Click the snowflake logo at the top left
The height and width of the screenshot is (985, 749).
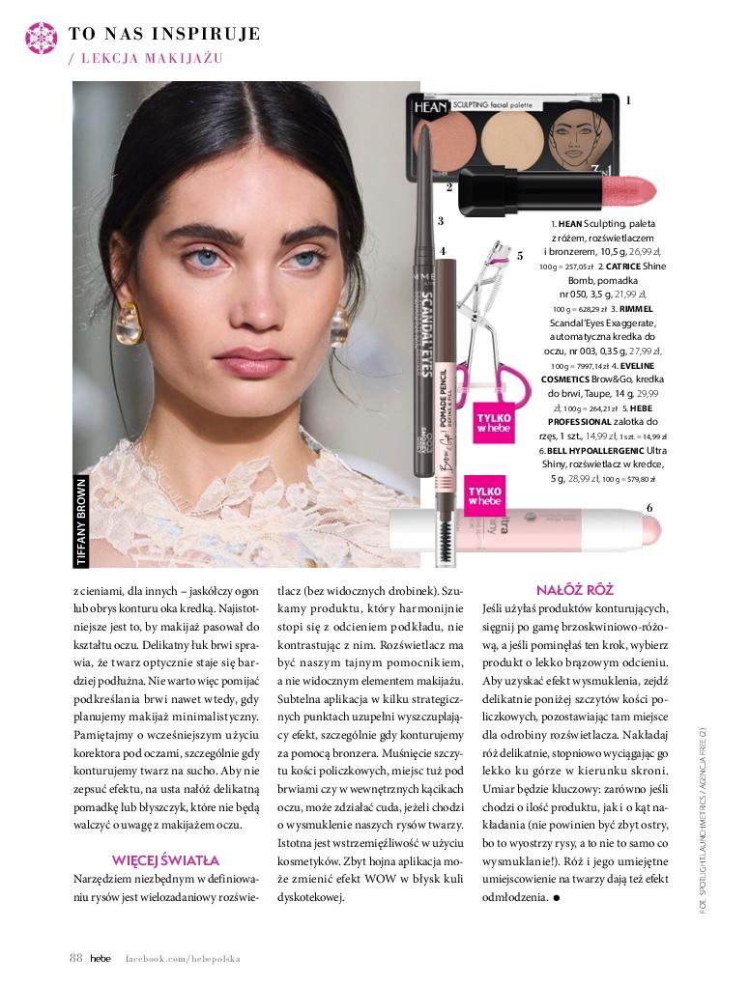pyautogui.click(x=40, y=38)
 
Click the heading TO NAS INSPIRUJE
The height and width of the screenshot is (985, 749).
pyautogui.click(x=164, y=34)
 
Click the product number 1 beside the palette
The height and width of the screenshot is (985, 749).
pyautogui.click(x=629, y=100)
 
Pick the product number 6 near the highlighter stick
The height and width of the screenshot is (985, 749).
pyautogui.click(x=649, y=508)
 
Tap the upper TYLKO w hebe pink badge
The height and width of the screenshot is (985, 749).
pyautogui.click(x=493, y=422)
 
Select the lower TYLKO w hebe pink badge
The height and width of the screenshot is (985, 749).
pyautogui.click(x=484, y=496)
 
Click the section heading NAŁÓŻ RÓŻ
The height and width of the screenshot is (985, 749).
pyautogui.click(x=575, y=589)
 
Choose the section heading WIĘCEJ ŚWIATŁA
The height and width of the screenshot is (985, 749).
pyautogui.click(x=165, y=859)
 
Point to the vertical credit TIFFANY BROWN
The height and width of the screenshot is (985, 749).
pyautogui.click(x=81, y=522)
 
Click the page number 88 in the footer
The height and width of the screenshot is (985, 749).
pyautogui.click(x=75, y=958)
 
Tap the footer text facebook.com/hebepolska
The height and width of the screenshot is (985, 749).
pyautogui.click(x=183, y=959)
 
